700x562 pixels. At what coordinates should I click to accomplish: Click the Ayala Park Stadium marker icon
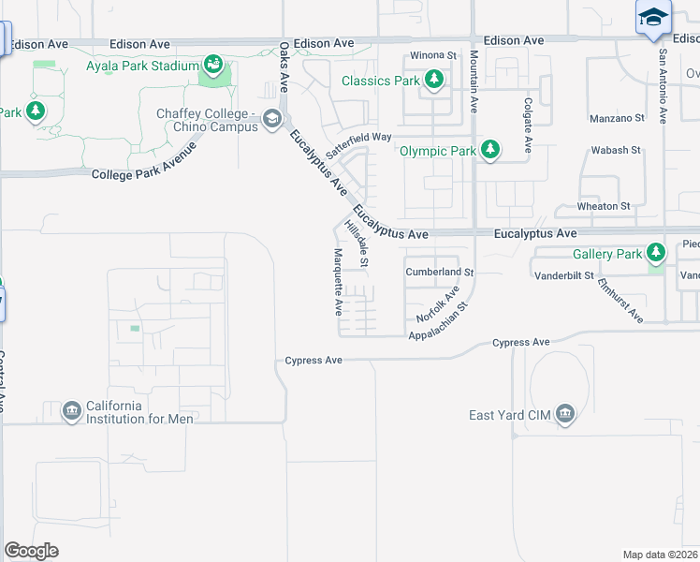(x=212, y=66)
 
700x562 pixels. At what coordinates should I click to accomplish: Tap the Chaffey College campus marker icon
(x=272, y=118)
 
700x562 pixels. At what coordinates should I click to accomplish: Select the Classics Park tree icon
(x=433, y=81)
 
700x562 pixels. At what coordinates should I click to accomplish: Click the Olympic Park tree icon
(x=489, y=150)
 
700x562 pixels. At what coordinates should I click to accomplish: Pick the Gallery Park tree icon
(x=656, y=253)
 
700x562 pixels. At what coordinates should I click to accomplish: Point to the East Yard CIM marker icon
(x=564, y=414)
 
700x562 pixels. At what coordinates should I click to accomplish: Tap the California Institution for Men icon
(x=71, y=411)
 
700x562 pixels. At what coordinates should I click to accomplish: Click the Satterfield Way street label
(x=358, y=137)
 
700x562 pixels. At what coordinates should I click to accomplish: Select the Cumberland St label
(x=440, y=272)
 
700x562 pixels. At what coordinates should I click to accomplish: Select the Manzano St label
(x=618, y=118)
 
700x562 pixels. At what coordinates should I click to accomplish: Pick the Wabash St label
(x=616, y=150)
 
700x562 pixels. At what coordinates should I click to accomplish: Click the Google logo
(x=31, y=551)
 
